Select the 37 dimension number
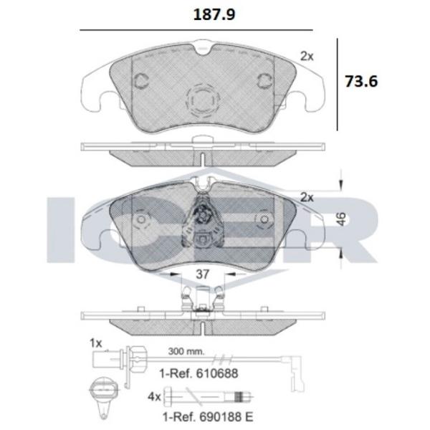coord(203,272)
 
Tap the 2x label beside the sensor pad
coord(308,197)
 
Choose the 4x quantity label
coord(153,394)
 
